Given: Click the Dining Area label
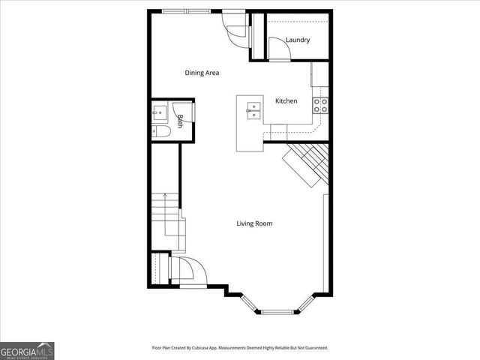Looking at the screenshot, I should tap(202, 73).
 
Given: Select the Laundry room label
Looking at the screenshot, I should tap(298, 40).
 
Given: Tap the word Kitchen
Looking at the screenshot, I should tap(286, 101).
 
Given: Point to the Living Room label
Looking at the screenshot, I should tap(254, 223).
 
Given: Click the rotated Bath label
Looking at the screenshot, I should tap(181, 120).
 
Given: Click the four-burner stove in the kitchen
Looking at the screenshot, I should tap(322, 106).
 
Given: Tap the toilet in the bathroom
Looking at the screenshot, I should tap(162, 132).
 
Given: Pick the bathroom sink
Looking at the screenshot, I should tap(160, 113).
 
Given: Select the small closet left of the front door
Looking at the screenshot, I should tap(158, 268).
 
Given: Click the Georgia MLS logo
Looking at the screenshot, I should tap(27, 350).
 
